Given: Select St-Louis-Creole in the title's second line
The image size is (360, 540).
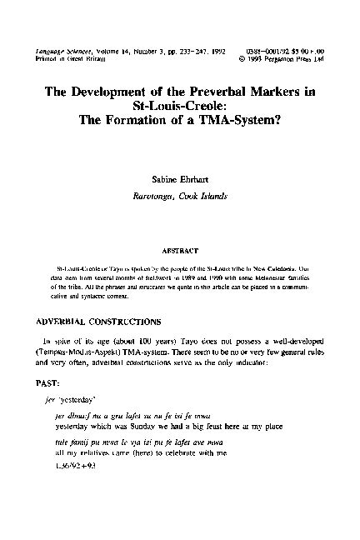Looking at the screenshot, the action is click(179, 107).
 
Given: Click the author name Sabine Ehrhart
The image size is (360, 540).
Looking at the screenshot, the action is click(179, 178).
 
